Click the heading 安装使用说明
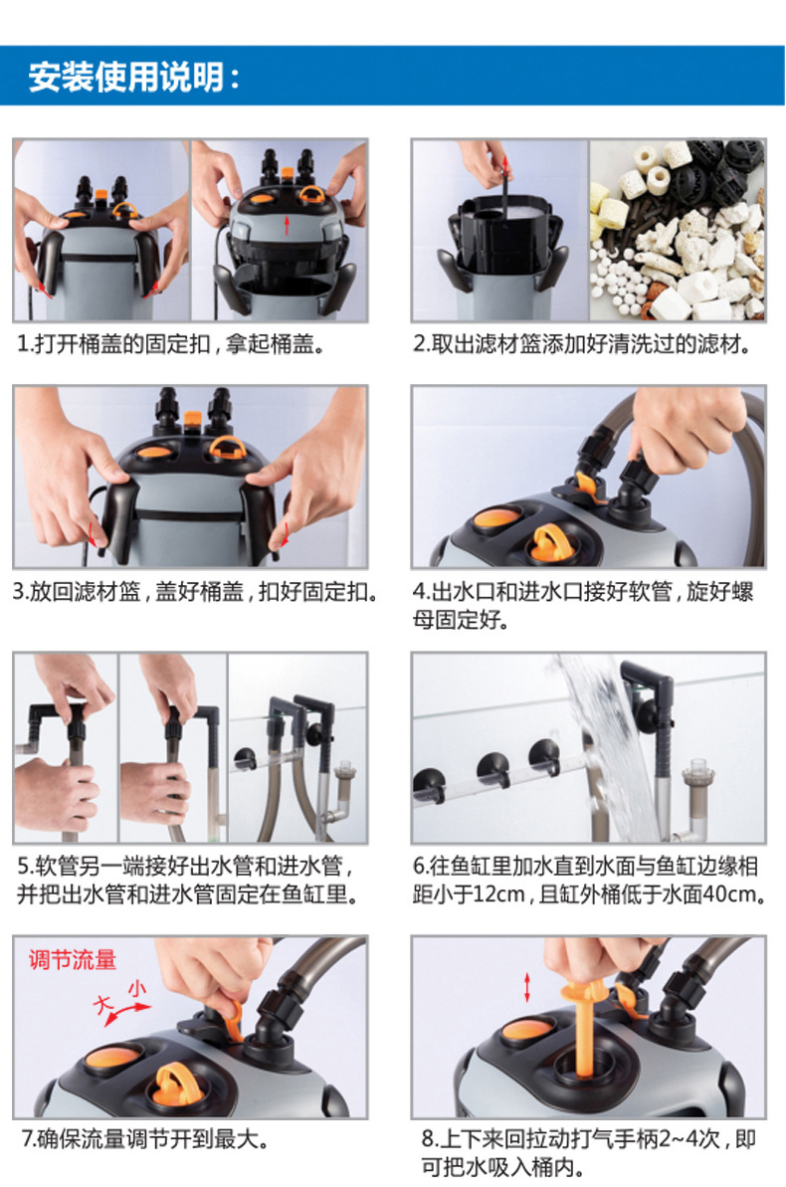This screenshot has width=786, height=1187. coord(133,77)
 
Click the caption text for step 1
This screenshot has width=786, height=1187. coord(172,344)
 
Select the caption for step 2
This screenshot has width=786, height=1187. coord(583,344)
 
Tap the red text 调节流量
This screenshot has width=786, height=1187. coord(73,960)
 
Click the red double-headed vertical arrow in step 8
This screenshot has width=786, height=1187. coord(527,988)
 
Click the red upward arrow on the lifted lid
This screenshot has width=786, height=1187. coord(287,225)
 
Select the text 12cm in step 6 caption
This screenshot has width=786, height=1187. coord(497,894)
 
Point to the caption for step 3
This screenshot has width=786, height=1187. coord(196,591)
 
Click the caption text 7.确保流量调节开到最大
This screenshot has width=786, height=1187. coord(144,1138)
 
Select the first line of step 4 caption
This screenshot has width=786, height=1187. coord(583,591)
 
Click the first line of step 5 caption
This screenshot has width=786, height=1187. coord(185,866)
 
